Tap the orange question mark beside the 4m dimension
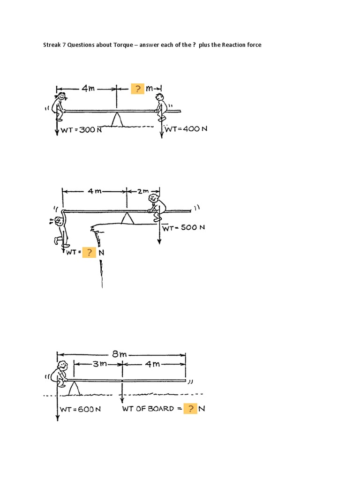coord(137,89)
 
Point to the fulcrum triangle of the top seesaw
coord(117,120)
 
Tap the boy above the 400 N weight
coord(161,107)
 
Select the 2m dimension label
coord(143,191)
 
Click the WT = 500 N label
coord(184,228)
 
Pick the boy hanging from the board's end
coord(59,230)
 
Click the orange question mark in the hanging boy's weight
coord(89,253)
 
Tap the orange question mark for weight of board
coord(190,409)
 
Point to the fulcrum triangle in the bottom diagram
coord(73,388)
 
